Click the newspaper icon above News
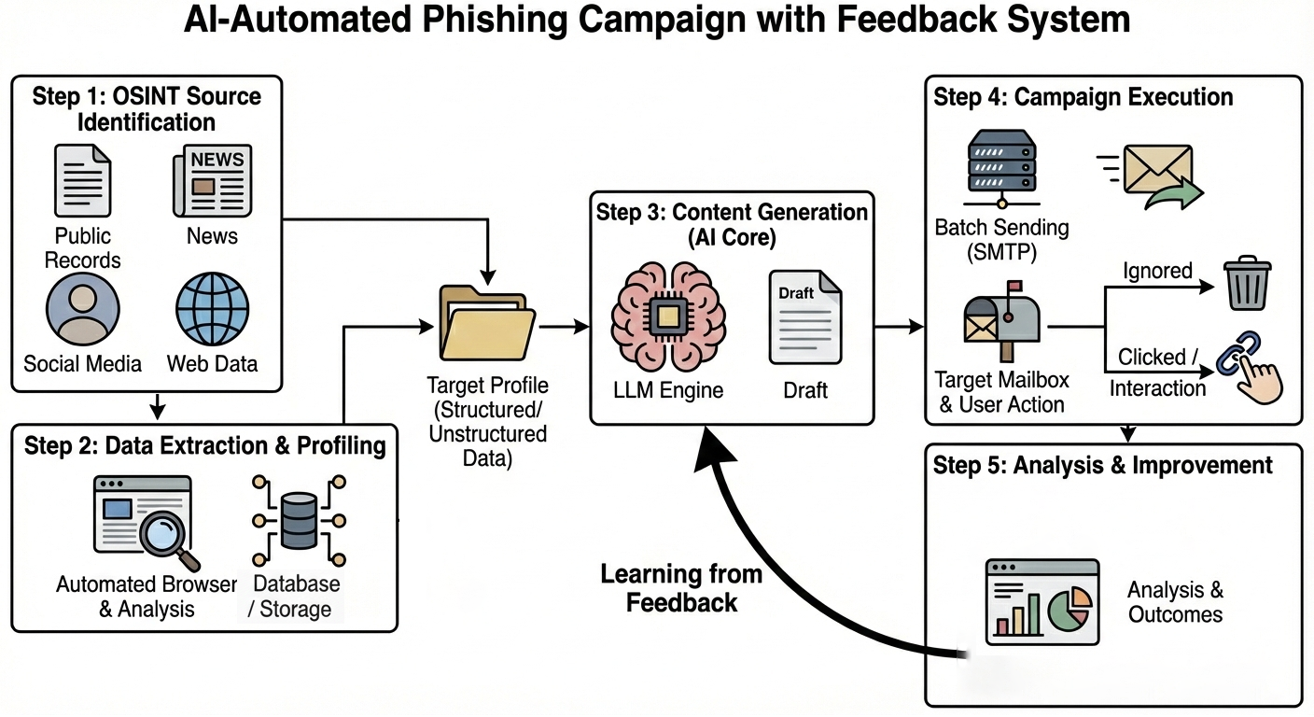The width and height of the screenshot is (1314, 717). (212, 181)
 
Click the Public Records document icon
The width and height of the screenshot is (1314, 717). (82, 181)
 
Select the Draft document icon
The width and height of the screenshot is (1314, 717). (804, 316)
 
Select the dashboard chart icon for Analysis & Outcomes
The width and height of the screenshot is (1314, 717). (1041, 602)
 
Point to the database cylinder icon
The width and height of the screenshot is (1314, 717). (298, 522)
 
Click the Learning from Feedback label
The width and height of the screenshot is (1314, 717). (681, 588)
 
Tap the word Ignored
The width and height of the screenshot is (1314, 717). (1158, 271)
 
